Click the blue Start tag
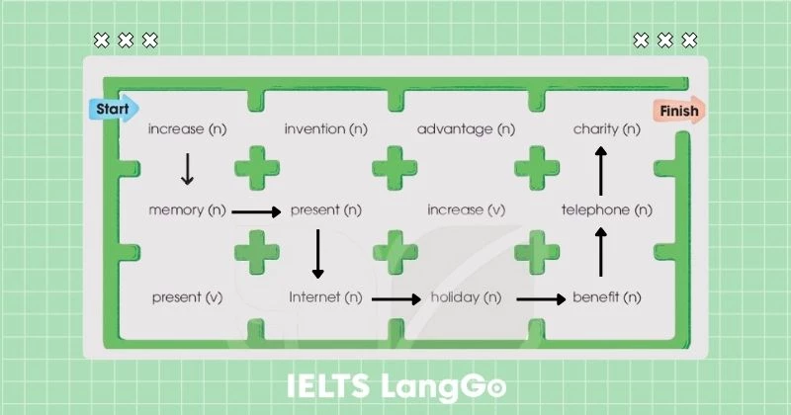(x=114, y=108)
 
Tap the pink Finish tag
(x=677, y=111)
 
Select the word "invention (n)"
(x=328, y=129)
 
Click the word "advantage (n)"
(x=466, y=129)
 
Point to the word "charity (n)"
(x=606, y=129)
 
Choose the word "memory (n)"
(x=187, y=210)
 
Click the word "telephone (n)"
(x=606, y=210)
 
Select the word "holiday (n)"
(x=464, y=296)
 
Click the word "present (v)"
(x=187, y=296)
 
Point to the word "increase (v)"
(x=466, y=210)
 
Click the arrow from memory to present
(x=256, y=211)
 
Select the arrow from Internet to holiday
(x=395, y=297)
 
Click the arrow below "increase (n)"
(x=187, y=169)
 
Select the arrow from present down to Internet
(x=317, y=253)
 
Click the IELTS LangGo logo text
(x=395, y=385)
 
